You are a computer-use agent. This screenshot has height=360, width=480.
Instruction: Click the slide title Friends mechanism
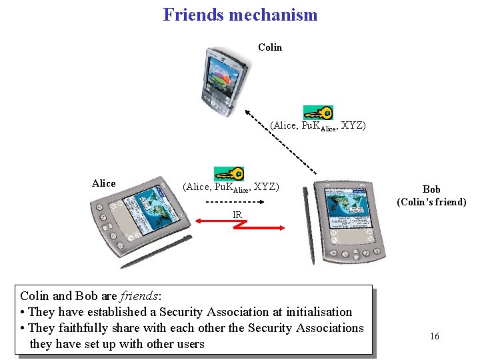(x=240, y=14)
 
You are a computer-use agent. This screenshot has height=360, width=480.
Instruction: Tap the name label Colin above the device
(x=270, y=47)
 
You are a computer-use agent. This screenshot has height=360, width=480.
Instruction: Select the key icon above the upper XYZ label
(x=318, y=112)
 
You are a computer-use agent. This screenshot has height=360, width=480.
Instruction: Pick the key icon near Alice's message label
(x=229, y=174)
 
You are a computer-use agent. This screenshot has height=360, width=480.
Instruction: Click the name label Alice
(x=103, y=183)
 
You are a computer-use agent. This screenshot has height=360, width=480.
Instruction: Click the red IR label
(x=237, y=215)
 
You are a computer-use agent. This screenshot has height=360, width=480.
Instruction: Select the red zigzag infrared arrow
(x=237, y=227)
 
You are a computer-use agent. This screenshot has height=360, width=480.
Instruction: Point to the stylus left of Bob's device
(x=307, y=220)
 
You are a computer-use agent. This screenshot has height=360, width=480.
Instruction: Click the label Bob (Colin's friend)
(x=431, y=195)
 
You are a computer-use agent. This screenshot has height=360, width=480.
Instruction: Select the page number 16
(x=435, y=336)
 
